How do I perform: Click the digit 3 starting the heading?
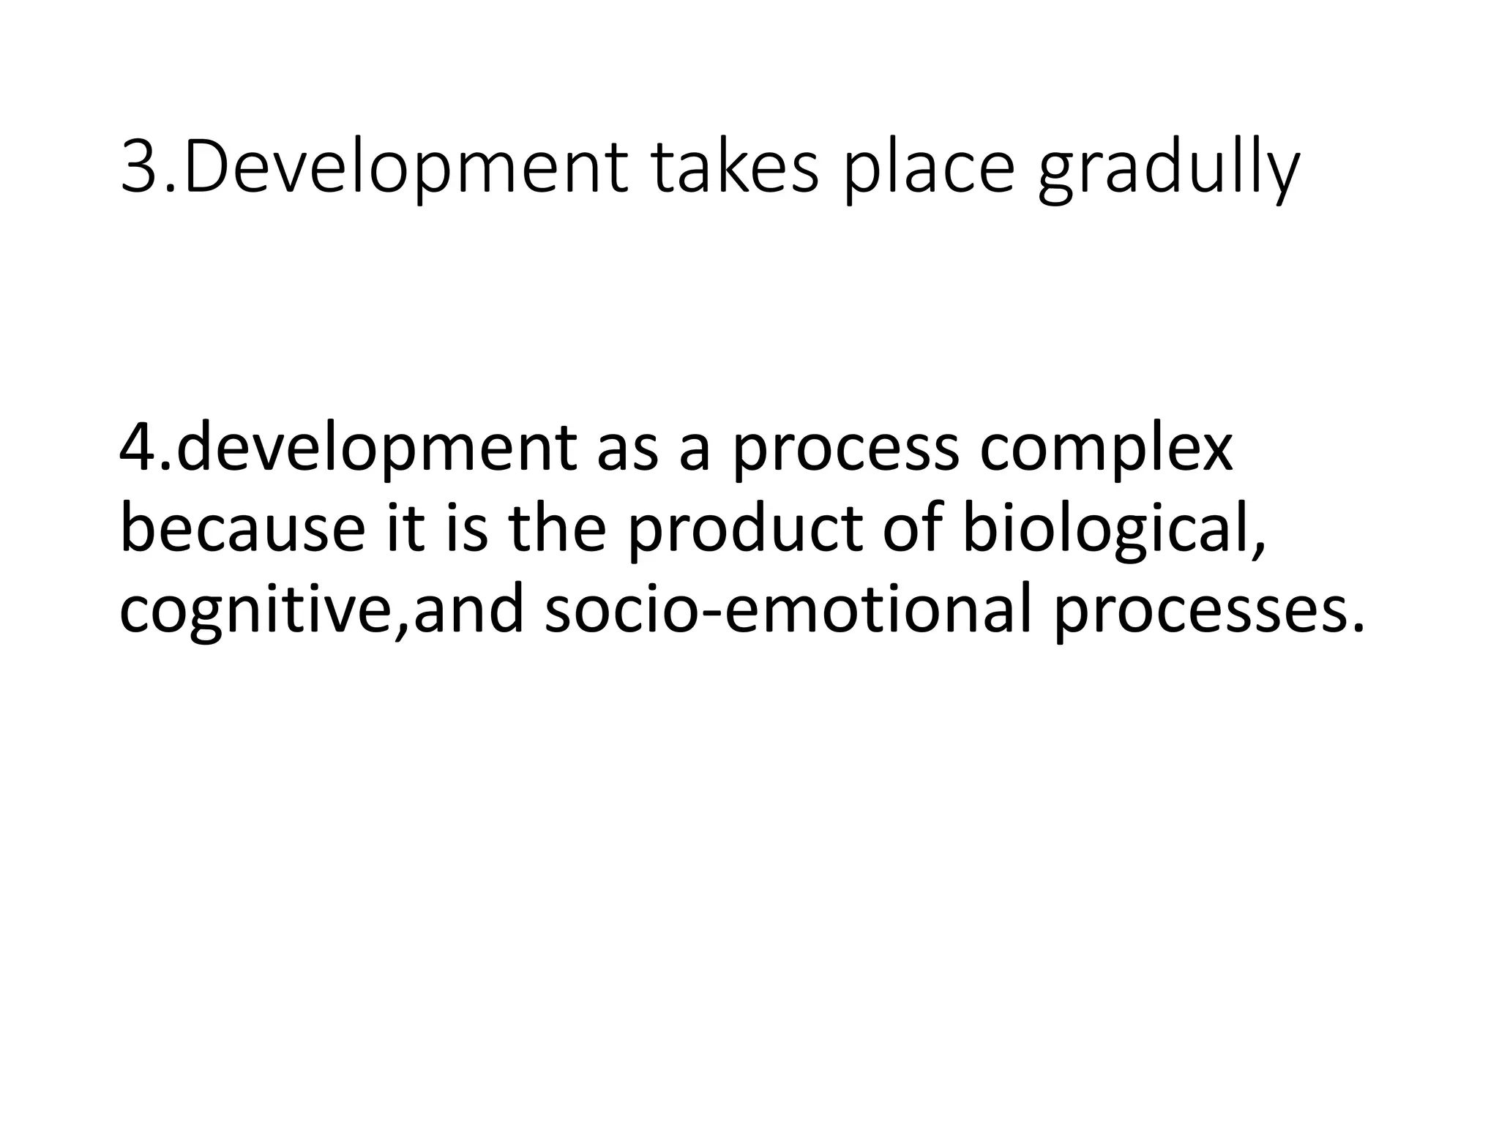143,170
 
